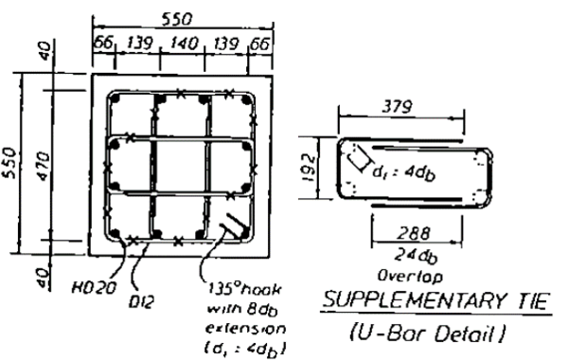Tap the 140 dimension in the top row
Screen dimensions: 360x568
[x=182, y=45]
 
